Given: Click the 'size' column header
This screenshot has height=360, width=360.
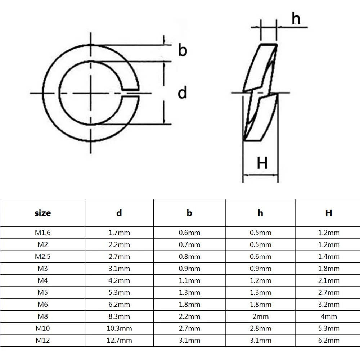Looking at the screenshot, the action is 42,213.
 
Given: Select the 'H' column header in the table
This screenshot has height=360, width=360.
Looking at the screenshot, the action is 329,213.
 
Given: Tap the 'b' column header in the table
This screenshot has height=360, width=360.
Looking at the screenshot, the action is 189,213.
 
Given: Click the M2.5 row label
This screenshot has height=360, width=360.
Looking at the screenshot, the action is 42,256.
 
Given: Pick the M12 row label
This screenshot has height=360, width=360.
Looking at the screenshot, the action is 42,340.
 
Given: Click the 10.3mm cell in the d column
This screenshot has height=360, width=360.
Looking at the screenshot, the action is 119,328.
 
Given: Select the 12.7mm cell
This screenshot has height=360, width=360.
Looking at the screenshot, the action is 119,340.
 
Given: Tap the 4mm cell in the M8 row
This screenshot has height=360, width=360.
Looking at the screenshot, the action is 329,316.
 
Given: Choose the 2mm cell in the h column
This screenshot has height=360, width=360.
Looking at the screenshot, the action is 260,316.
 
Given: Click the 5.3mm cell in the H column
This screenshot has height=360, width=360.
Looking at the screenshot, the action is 329,328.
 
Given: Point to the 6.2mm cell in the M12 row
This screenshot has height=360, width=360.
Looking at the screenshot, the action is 329,340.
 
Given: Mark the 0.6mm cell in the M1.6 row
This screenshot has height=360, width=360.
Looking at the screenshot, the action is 189,233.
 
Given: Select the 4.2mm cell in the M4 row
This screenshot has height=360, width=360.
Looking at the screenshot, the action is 119,280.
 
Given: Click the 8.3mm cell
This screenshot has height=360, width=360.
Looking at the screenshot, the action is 119,316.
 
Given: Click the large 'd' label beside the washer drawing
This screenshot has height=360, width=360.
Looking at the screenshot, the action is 183,93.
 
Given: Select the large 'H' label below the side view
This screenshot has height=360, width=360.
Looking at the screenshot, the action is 262,163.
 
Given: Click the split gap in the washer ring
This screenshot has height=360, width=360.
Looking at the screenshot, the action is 130,93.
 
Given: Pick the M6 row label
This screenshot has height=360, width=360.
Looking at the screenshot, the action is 42,305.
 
